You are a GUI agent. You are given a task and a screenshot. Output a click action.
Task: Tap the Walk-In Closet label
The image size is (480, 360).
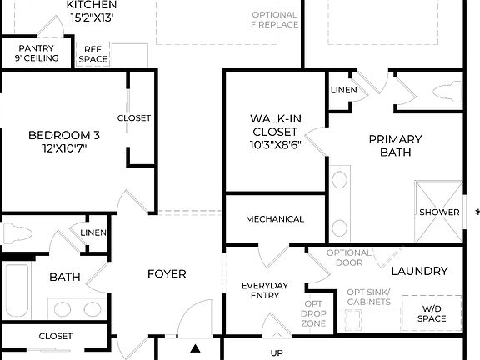pos(274,132)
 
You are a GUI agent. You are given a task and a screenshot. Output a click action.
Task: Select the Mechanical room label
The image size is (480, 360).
pos(274,219)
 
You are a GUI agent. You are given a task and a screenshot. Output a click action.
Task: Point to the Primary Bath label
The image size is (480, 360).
pos(395,146)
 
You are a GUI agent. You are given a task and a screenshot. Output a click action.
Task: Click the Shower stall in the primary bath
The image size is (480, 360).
pos(439,212)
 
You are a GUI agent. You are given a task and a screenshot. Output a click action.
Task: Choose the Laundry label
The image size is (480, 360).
pos(419,271)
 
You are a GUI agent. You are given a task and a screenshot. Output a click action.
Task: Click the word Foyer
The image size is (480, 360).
pos(167,273)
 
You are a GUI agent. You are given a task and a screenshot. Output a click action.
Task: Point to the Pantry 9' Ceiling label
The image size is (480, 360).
pos(37,53)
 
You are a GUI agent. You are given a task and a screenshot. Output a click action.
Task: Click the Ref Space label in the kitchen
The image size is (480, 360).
pos(92,54)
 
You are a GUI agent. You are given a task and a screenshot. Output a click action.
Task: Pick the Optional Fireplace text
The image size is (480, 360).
pos(274,19)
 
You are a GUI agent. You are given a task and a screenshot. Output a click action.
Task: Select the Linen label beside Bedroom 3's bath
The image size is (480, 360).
pos(92,232)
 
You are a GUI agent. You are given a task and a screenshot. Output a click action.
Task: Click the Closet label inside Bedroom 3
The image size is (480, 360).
pos(133,118)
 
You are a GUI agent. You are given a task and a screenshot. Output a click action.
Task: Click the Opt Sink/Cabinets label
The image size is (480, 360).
pos(367,297)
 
